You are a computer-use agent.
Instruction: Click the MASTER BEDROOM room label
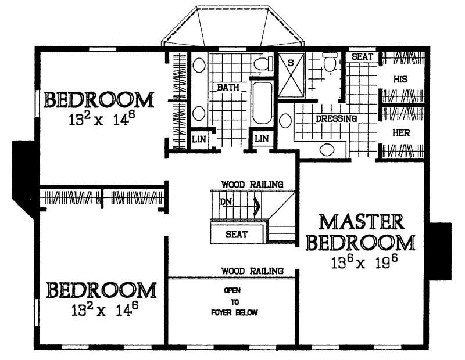coord(360,232)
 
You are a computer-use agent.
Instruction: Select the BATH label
coord(228,87)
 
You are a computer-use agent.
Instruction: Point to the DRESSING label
coord(336,118)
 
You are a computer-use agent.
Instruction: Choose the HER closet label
coord(402,132)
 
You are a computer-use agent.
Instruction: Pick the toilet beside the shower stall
coord(330,63)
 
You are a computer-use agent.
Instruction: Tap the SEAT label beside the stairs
coord(237,235)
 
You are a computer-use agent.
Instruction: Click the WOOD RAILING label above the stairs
coord(252,185)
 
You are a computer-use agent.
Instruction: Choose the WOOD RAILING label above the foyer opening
coord(252,271)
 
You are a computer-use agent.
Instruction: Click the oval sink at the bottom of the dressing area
coord(328,150)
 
